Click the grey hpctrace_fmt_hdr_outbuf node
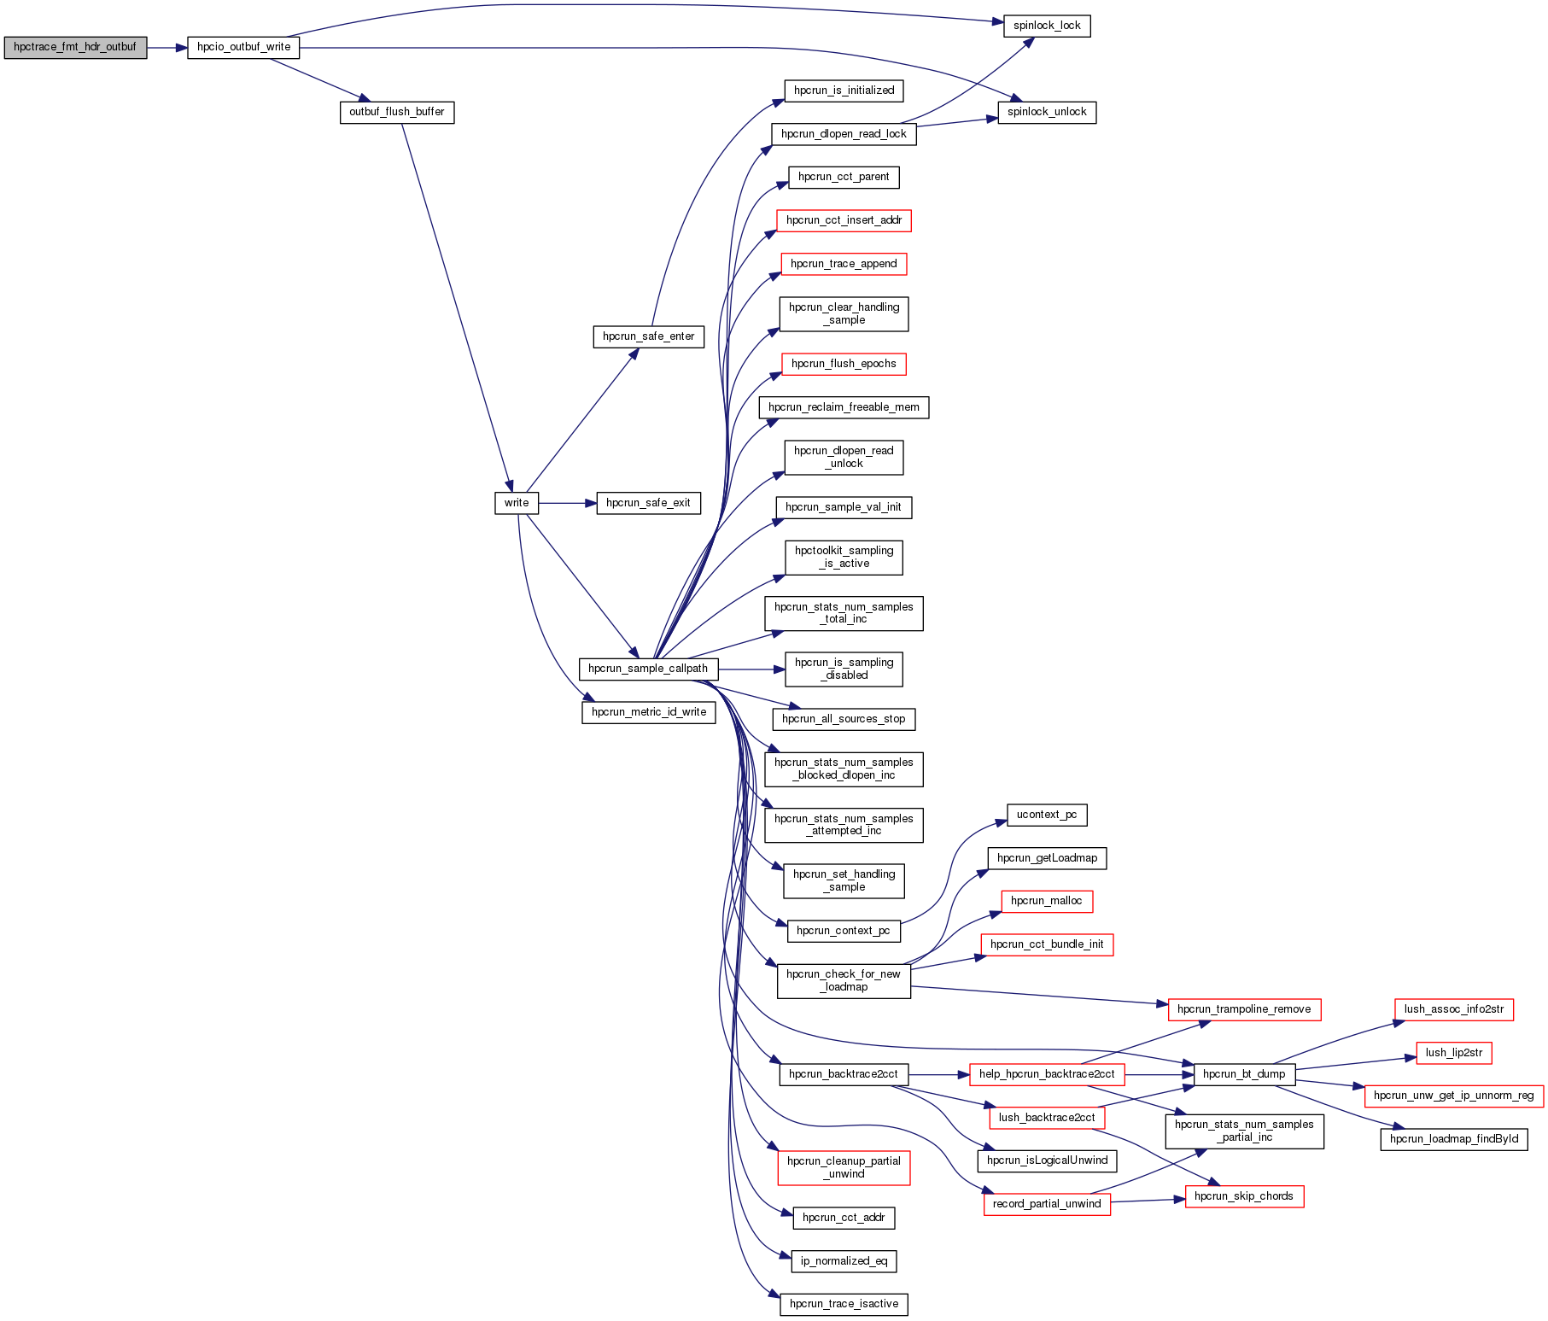(x=75, y=47)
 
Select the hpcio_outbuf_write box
(x=243, y=47)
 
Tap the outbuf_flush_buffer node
(x=397, y=112)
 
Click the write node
(x=517, y=503)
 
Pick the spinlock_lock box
(x=1047, y=26)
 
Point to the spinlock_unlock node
(x=1047, y=112)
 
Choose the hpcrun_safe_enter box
(x=649, y=336)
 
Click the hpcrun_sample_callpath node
(x=648, y=669)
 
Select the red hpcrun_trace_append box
(x=844, y=264)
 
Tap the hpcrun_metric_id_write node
(x=649, y=712)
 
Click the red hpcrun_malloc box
(x=1047, y=901)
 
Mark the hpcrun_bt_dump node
(x=1244, y=1074)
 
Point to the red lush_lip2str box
(x=1454, y=1053)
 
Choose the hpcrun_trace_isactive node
(x=844, y=1304)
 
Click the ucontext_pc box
(x=1047, y=815)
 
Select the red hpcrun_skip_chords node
(x=1244, y=1196)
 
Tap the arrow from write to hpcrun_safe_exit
(x=567, y=503)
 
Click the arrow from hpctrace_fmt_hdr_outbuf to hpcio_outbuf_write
(x=166, y=47)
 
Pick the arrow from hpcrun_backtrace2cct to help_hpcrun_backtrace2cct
(x=938, y=1074)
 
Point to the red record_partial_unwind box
(x=1047, y=1204)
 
